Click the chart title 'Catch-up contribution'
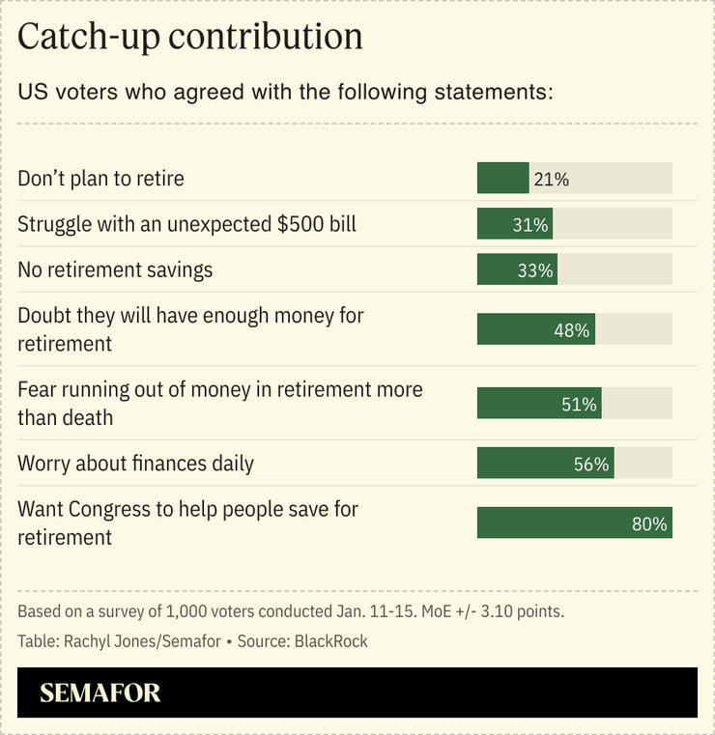[x=190, y=37]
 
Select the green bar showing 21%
[x=502, y=179]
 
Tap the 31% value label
[x=530, y=225]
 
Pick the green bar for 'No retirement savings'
[x=516, y=270]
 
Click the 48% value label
[x=571, y=330]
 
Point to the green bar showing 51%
[x=538, y=404]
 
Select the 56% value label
[x=590, y=465]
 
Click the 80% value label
[x=649, y=524]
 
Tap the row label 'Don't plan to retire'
[x=100, y=179]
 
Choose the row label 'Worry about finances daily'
[x=135, y=464]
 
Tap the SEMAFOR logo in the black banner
[x=100, y=693]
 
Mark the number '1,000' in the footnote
[x=186, y=612]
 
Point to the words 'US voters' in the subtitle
[x=63, y=94]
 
